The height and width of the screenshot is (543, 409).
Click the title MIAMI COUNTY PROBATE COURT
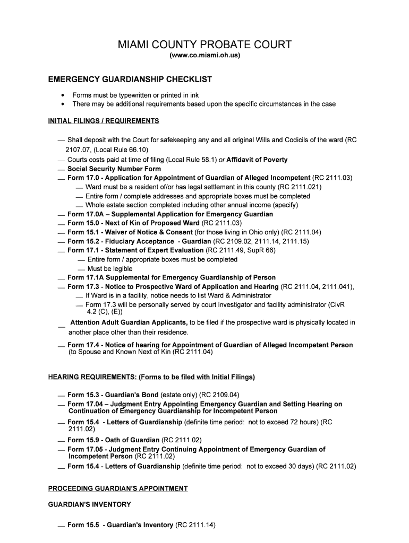tap(204, 45)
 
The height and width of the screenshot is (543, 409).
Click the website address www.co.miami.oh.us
tap(204, 55)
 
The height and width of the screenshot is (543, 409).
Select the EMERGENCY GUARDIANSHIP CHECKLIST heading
tap(130, 80)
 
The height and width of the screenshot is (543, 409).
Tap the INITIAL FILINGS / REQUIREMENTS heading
tap(104, 121)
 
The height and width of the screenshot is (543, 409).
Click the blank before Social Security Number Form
tap(62, 170)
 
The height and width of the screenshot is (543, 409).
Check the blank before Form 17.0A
tap(62, 215)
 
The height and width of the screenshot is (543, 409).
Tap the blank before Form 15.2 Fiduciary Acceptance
tap(62, 242)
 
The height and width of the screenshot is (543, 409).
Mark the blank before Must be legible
tap(81, 269)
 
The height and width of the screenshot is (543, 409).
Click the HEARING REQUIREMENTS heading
tap(151, 377)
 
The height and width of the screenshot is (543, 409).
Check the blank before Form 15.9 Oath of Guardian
tap(62, 441)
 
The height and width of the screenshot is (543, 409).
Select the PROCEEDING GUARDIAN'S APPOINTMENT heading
tap(118, 488)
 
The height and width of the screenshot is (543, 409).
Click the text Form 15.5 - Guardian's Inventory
tap(121, 525)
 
